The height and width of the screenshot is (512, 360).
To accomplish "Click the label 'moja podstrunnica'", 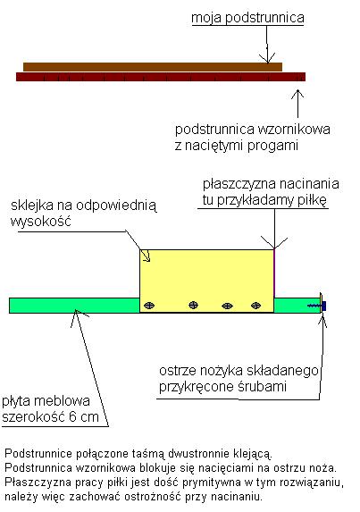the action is pos(247,18).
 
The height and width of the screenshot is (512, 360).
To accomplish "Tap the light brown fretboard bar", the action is pos(153,67).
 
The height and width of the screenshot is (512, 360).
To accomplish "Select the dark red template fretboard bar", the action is pos(161,77).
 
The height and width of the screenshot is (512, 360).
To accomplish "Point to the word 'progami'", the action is pos(272,146).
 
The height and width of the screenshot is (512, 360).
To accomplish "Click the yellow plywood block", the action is pos(206,281).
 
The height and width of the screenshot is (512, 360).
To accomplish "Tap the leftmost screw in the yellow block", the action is pos(149,306).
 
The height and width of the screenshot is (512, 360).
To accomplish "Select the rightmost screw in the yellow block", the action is pos(255,306).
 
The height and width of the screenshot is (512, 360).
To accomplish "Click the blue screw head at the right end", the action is pos(323,306).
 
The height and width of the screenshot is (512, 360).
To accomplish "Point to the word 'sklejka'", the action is pos(32,206).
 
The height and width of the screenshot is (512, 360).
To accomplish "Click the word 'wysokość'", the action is pos(41,222).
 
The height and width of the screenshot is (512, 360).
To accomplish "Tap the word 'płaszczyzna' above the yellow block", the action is pos(239,184).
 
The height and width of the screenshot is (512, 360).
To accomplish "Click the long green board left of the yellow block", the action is pos(74,306).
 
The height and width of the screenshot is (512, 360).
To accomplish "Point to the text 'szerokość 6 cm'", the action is pos(50,417).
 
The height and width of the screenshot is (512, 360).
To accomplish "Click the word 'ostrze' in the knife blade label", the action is pos(177,371).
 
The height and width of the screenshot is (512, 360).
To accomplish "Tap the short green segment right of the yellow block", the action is pos(297,306).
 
